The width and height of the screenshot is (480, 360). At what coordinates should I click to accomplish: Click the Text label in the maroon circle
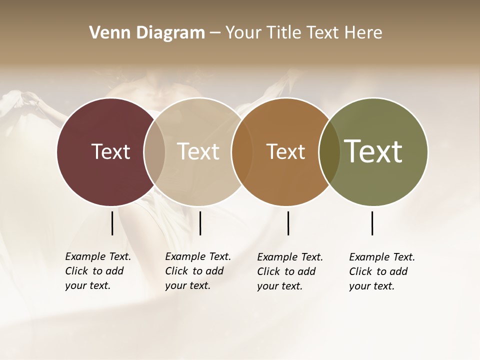[x=110, y=151]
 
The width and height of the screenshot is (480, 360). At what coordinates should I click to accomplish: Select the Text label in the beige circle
[x=198, y=151]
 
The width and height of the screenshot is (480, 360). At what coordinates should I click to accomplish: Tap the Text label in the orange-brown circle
[x=285, y=152]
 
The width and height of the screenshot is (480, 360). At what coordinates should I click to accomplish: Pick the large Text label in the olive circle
[x=373, y=151]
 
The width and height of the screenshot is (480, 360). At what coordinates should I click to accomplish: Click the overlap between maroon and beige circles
[x=154, y=151]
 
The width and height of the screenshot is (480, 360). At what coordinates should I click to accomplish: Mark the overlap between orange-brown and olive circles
[x=329, y=151]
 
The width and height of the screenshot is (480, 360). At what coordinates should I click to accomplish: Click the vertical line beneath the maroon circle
[x=112, y=223]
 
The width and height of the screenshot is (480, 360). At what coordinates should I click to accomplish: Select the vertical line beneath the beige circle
[x=200, y=223]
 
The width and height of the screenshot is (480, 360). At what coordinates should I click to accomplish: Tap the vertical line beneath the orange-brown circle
[x=288, y=223]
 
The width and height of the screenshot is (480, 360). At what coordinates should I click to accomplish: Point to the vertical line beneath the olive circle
[x=372, y=223]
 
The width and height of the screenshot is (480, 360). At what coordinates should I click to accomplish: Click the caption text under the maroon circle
[x=98, y=271]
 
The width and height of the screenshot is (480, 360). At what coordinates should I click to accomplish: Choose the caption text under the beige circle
[x=198, y=271]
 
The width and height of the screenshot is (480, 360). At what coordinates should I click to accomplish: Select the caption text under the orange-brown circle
[x=290, y=271]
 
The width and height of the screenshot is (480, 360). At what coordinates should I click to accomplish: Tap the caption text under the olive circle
[x=382, y=271]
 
